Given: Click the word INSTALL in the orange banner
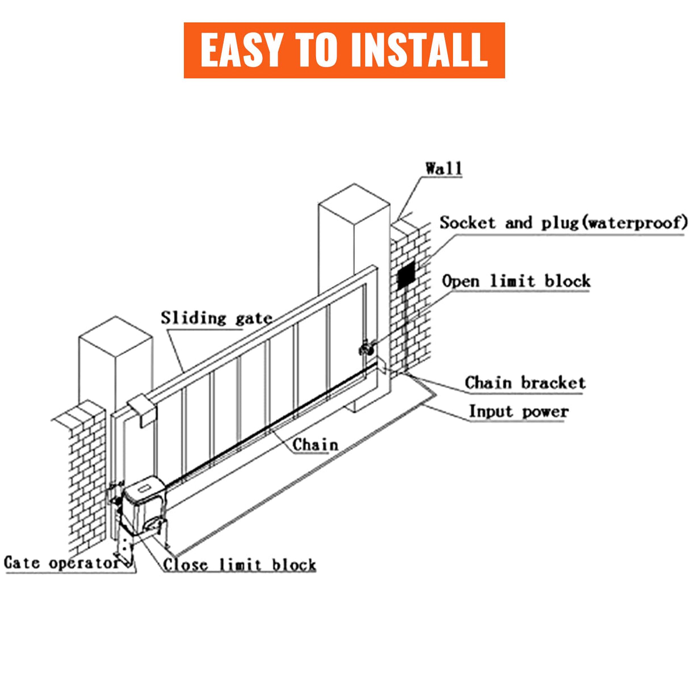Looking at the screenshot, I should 419,50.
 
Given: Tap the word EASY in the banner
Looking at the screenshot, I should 242,50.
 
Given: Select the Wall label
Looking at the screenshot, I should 443,168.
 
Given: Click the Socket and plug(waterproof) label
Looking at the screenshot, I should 562,222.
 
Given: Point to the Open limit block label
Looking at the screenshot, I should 516,281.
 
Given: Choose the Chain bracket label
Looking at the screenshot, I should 524,383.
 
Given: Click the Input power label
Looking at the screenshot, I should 518,411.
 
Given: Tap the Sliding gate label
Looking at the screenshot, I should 216,318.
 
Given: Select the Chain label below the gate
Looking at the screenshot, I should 315,444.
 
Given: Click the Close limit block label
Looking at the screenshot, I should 239,565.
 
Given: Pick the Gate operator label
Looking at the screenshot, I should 61,562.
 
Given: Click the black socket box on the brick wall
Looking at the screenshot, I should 406,276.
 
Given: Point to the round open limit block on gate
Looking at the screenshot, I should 367,348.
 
